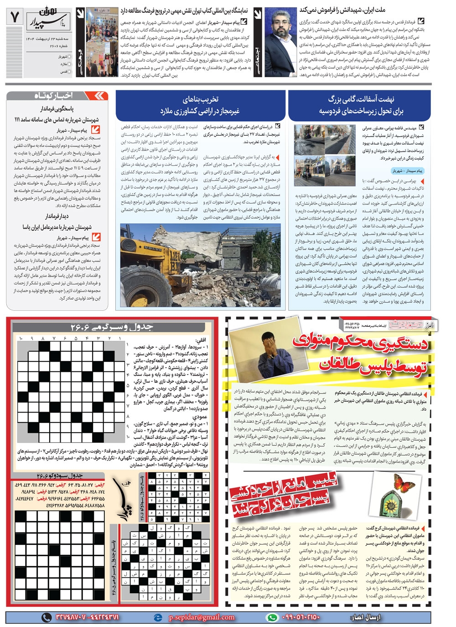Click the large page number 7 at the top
14,17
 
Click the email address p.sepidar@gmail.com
201,617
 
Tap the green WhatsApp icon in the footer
272,617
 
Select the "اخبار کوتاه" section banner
58,96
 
